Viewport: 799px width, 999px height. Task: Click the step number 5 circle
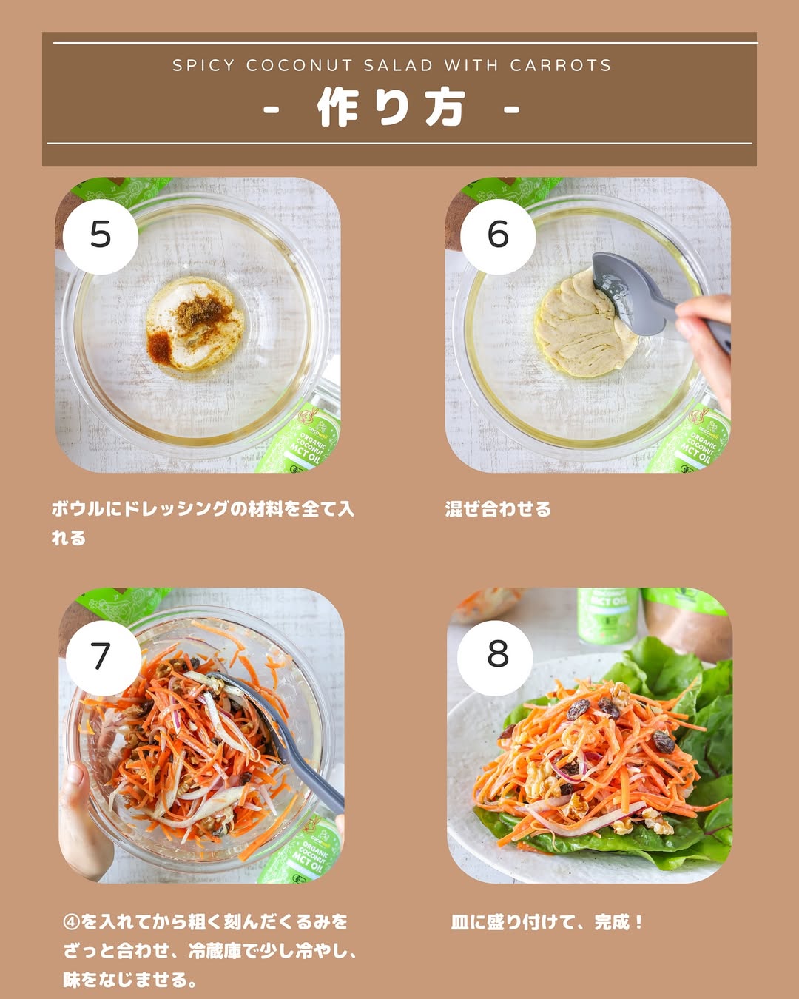(101, 236)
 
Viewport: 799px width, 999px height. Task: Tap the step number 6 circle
(498, 236)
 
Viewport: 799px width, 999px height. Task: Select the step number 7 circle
(103, 657)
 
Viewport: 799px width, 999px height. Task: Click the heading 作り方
(391, 107)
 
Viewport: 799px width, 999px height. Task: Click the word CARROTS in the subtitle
(560, 65)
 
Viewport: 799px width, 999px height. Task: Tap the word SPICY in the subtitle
(203, 65)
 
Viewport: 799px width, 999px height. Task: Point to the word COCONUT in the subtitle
(300, 65)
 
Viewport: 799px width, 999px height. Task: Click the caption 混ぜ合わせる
(498, 509)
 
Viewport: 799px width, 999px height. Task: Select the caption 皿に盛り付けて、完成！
(547, 921)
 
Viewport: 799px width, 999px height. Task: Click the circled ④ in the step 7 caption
(72, 921)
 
